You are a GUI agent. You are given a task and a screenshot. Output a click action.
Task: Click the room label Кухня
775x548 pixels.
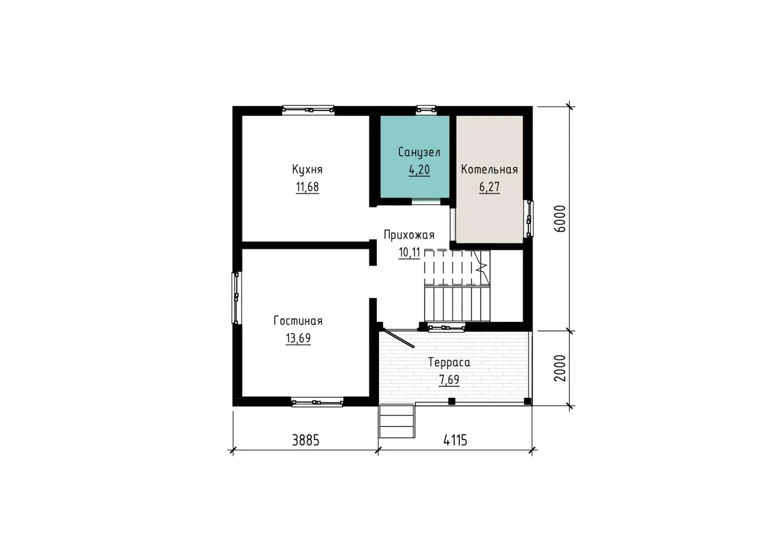[307, 170]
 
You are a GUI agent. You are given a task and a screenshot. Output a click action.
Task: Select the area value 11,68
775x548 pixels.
[307, 187]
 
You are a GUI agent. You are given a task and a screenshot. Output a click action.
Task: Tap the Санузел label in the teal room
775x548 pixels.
[419, 153]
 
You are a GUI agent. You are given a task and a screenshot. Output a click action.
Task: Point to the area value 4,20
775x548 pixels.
[419, 170]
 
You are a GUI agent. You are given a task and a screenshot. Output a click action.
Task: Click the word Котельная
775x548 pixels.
[489, 169]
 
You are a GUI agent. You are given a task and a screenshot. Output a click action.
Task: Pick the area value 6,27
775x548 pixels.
[489, 187]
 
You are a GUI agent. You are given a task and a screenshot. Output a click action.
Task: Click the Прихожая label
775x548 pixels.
[409, 235]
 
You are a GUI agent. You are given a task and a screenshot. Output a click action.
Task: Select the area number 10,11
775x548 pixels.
[409, 253]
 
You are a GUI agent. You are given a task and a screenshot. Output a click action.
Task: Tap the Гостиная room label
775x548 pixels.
[298, 321]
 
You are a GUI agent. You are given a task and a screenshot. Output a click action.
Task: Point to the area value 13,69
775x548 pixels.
[298, 338]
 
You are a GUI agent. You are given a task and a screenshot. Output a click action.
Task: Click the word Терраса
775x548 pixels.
[449, 362]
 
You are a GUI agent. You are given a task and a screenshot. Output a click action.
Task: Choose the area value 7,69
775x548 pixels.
[449, 380]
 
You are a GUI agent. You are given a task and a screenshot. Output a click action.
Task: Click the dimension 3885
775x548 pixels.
[306, 441]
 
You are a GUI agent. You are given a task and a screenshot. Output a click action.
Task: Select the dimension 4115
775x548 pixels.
[455, 441]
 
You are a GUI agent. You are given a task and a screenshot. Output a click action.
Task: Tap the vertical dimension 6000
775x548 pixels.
[560, 219]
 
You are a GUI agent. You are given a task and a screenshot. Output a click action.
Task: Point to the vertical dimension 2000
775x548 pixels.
[560, 368]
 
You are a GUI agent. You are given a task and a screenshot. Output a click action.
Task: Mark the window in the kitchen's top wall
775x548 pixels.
[308, 110]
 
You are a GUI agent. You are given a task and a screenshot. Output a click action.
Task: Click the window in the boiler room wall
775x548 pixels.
[529, 219]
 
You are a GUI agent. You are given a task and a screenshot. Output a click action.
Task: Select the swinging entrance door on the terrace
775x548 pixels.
[397, 339]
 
